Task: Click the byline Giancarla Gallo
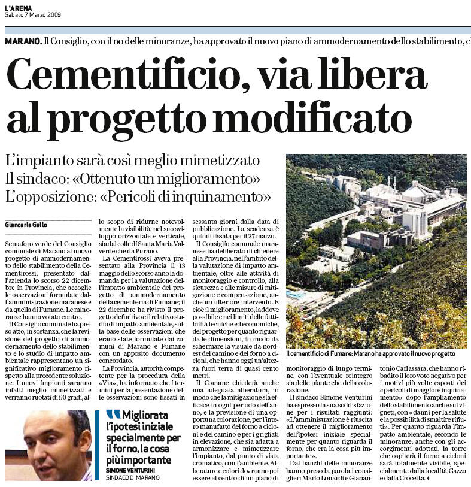[28, 226]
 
